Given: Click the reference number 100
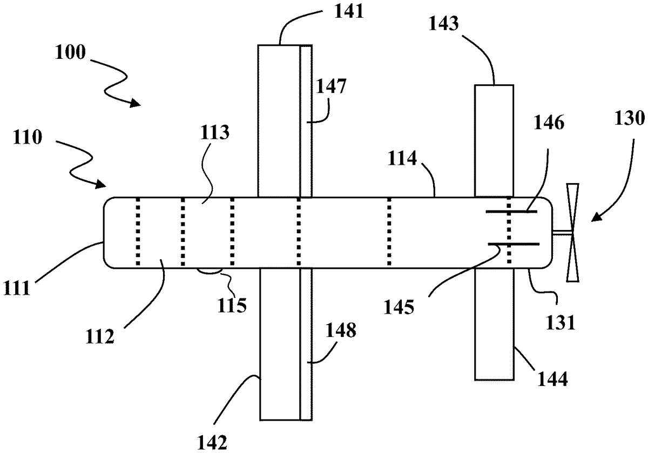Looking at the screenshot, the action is click(70, 52).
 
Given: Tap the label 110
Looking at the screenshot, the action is click(27, 137).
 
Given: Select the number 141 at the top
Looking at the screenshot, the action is click(349, 11).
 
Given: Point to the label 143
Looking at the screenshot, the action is click(443, 24).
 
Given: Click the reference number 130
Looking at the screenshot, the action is click(630, 119).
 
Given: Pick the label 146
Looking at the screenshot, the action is click(549, 123).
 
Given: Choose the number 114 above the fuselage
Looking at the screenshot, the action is click(402, 158).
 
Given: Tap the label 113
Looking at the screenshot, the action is click(214, 132).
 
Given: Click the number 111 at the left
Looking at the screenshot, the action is click(17, 288).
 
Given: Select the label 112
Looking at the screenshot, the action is click(100, 336).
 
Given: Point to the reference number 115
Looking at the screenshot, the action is click(232, 305).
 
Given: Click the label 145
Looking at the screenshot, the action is click(399, 307).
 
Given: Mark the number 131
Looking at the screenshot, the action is click(560, 323).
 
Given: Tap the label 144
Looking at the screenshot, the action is click(552, 379).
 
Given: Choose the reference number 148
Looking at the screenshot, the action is click(341, 330).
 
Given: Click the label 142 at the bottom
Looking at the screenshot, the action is click(212, 442).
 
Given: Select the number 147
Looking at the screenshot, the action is click(331, 86).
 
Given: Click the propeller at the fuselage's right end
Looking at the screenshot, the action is click(572, 233).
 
